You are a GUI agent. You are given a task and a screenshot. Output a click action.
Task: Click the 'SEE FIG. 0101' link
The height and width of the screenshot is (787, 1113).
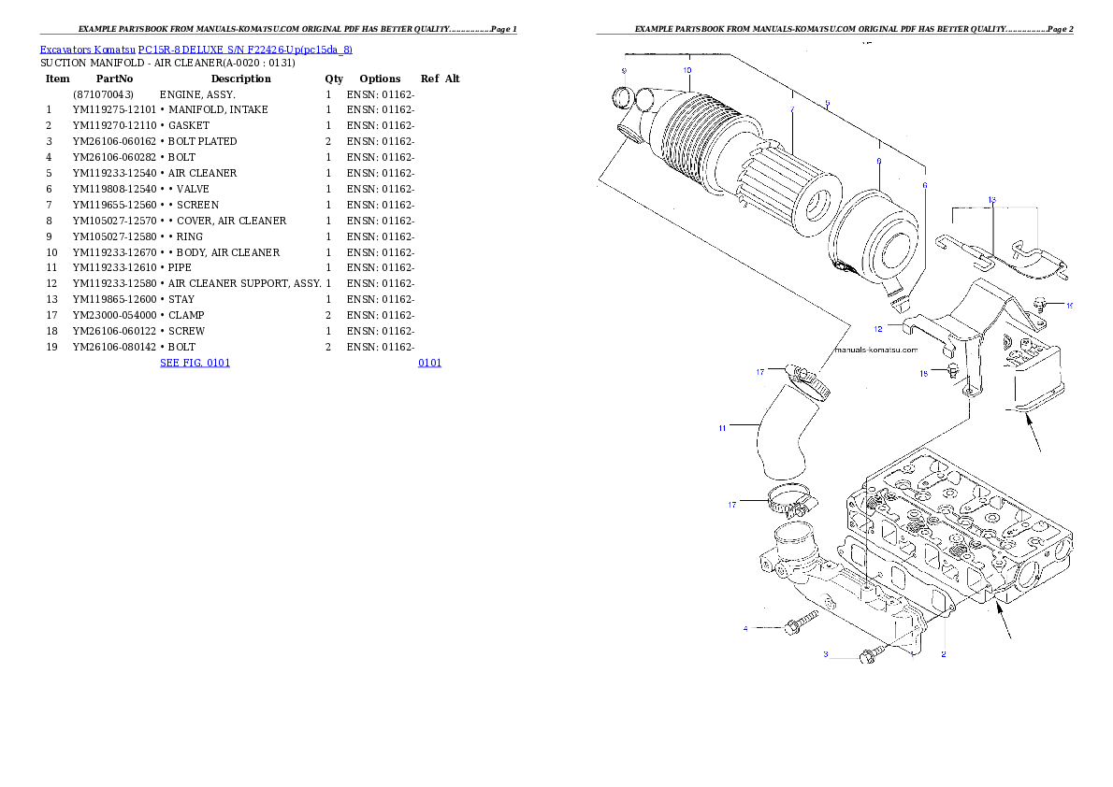click(195, 363)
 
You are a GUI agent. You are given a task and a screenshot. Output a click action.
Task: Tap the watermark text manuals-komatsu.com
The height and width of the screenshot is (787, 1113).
click(874, 351)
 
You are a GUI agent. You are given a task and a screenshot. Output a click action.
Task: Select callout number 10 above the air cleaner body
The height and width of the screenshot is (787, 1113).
click(687, 70)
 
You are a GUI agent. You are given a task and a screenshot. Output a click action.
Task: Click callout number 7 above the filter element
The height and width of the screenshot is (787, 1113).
click(792, 110)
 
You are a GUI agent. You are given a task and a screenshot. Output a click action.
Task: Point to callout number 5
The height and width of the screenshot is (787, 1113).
click(827, 103)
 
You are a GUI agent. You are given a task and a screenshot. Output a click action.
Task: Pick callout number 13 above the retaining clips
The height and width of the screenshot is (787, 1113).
click(992, 199)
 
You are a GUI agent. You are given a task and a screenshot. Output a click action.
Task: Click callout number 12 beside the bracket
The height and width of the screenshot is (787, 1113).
click(878, 329)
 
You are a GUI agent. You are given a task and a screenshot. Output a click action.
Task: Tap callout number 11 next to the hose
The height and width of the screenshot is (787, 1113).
click(722, 428)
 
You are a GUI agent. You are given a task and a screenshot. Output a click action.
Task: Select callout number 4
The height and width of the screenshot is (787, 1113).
click(745, 629)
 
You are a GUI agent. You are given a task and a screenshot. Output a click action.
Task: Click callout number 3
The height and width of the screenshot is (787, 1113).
click(826, 655)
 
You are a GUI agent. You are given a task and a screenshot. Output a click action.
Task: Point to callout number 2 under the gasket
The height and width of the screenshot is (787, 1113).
click(944, 654)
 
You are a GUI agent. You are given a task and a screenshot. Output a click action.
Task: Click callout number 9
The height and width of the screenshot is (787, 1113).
click(624, 71)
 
